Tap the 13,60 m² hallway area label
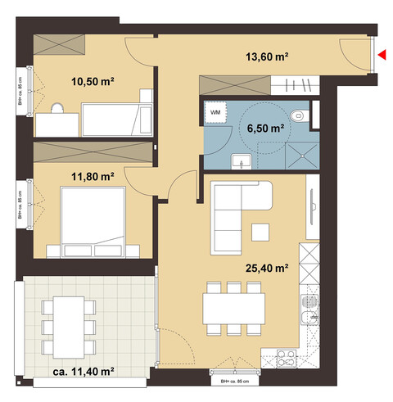click(270, 57)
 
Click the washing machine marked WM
click(216, 111)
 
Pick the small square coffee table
click(261, 233)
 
